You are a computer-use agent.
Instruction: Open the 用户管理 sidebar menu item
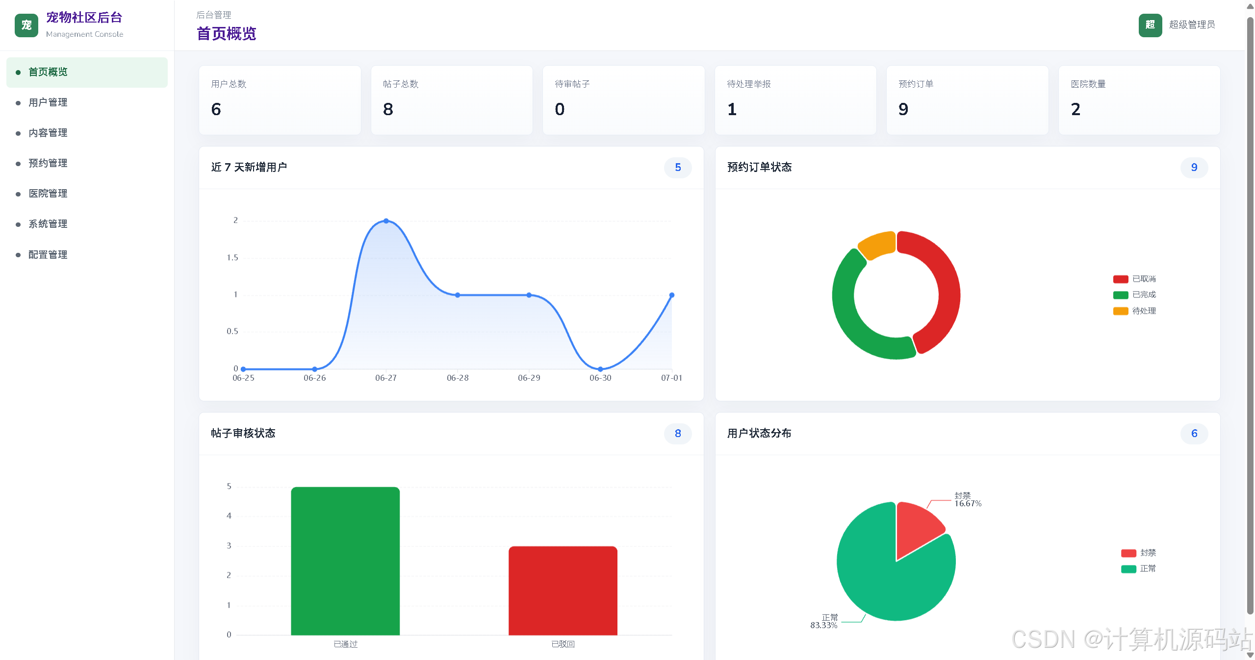click(x=48, y=102)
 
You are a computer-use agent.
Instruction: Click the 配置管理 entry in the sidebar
click(x=48, y=255)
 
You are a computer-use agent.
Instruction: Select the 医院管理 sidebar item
click(x=48, y=194)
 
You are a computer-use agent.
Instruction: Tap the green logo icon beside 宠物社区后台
click(x=26, y=25)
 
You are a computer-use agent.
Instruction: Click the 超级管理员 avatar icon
click(x=1150, y=25)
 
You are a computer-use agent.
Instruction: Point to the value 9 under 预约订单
click(x=903, y=109)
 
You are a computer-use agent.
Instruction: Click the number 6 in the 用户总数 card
click(x=216, y=109)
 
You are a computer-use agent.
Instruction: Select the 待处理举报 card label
click(x=748, y=84)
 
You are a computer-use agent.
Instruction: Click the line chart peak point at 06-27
click(x=386, y=221)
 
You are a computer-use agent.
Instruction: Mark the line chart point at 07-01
click(x=671, y=295)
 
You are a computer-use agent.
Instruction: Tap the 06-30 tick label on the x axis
click(x=600, y=378)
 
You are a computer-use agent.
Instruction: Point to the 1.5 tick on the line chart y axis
click(x=232, y=258)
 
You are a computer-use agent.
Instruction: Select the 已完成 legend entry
click(x=1134, y=294)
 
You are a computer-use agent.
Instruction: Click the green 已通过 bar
click(x=345, y=561)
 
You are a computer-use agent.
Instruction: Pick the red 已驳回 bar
click(x=563, y=590)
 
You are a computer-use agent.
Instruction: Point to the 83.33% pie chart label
click(x=823, y=626)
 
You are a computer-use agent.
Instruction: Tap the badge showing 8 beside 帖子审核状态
click(x=678, y=434)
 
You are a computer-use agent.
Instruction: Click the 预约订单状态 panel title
click(x=759, y=168)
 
